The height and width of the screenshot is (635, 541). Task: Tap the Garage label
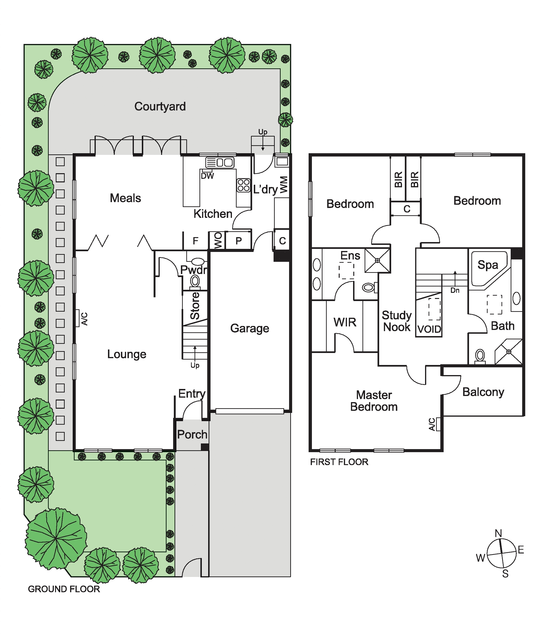250,328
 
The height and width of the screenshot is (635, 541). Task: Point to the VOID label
429,329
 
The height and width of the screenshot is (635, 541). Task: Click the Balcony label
483,392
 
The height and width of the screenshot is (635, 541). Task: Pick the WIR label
345,322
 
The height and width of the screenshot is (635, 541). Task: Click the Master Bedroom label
374,401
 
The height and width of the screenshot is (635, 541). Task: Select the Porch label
192,434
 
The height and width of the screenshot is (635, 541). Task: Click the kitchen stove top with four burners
243,185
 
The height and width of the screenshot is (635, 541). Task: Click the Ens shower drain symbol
378,260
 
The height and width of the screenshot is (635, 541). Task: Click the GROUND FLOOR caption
64,589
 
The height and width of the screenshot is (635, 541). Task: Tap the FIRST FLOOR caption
339,462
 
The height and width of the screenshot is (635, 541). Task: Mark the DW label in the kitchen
207,176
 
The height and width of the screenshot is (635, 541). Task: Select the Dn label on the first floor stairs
455,290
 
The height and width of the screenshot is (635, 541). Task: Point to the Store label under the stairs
195,306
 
